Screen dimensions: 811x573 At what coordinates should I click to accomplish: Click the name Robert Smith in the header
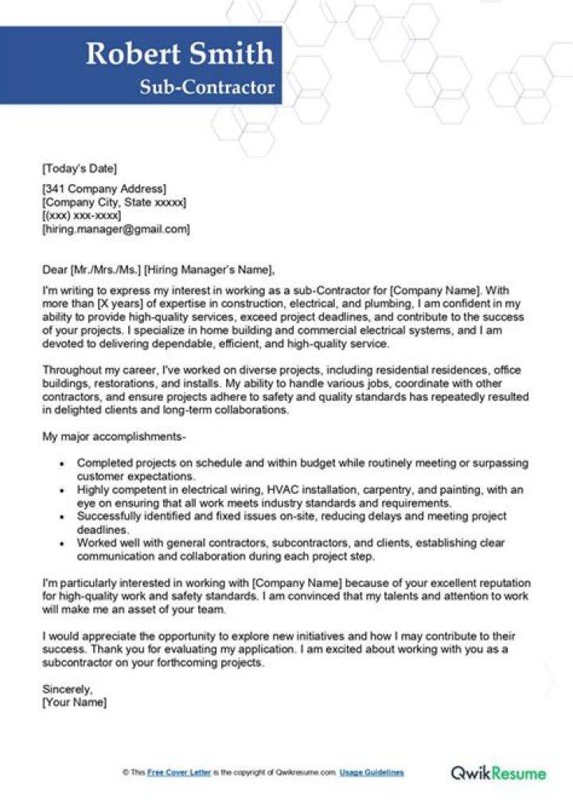click(180, 53)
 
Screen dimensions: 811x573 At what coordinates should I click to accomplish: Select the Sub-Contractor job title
click(207, 87)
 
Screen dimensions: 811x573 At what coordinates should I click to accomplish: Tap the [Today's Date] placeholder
click(79, 168)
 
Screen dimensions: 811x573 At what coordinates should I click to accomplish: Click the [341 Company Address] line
click(103, 189)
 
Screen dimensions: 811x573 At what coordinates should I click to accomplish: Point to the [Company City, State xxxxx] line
click(114, 202)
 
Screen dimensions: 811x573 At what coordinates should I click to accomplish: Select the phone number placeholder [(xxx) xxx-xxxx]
click(81, 216)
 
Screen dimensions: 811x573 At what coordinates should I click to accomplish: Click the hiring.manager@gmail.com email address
click(116, 229)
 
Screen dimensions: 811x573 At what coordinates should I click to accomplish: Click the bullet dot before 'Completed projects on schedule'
click(63, 464)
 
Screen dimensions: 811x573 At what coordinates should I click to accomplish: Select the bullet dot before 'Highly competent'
click(63, 490)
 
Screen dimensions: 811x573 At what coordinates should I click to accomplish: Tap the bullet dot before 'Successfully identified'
click(63, 516)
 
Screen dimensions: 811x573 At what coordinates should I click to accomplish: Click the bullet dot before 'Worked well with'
click(63, 543)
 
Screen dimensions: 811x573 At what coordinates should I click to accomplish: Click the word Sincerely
click(67, 689)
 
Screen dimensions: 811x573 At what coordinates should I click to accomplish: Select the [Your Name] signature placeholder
click(74, 703)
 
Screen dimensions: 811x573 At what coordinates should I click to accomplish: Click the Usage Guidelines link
click(372, 773)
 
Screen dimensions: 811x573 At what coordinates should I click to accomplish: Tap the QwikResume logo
click(498, 773)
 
